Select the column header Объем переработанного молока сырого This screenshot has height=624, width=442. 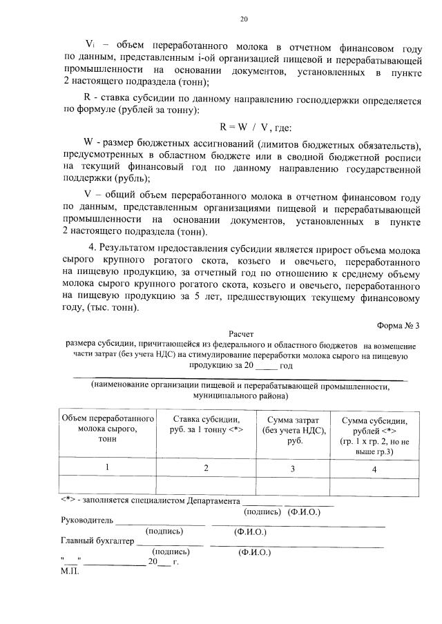pyautogui.click(x=107, y=429)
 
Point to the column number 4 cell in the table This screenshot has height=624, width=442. pyautogui.click(x=374, y=469)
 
